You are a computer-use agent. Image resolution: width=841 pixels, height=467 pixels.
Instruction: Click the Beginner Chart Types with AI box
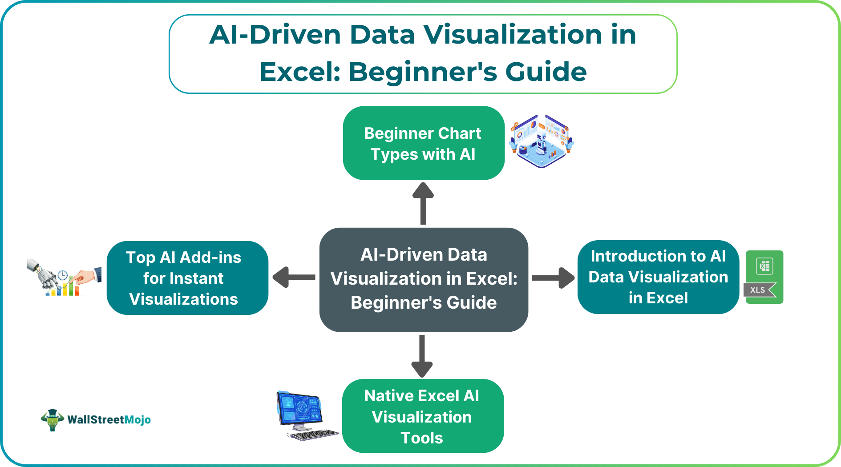point(423,143)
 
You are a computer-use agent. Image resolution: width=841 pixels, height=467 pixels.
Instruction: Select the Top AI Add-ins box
point(187,278)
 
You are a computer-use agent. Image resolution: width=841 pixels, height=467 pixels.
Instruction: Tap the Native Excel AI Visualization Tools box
point(423,416)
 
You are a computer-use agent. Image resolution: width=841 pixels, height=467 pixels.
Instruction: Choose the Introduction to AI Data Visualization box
point(658,277)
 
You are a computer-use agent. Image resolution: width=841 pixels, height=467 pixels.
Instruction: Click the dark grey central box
point(424,279)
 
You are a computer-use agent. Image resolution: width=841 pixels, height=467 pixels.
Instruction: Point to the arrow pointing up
point(423,203)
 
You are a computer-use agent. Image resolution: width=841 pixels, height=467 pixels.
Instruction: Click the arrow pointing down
point(422,356)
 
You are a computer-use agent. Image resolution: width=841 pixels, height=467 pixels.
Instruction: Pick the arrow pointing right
point(553,278)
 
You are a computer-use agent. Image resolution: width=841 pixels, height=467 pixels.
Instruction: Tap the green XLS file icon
point(764,277)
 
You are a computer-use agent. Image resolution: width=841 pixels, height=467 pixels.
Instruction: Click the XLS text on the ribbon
point(757,290)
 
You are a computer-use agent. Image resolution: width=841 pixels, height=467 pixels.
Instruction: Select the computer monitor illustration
point(299,409)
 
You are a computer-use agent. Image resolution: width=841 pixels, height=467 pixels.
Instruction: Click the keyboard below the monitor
point(314,435)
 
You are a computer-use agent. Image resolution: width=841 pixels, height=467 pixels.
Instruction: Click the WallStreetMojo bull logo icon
point(53,420)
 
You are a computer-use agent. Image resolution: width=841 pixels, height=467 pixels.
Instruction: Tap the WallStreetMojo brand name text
point(109,420)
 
